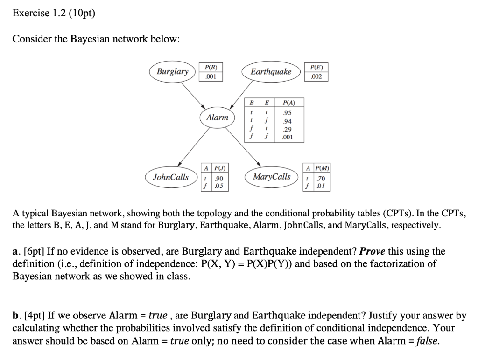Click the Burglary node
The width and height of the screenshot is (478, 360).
click(172, 72)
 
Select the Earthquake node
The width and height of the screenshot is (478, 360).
click(271, 72)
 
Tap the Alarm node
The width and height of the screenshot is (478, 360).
click(217, 118)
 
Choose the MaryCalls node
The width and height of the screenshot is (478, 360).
click(271, 177)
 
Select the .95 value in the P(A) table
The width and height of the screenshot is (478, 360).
click(281, 112)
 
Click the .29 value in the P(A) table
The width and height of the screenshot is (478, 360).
click(281, 129)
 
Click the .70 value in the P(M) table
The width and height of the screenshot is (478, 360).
click(320, 178)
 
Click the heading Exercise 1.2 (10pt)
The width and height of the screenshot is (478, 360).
click(53, 13)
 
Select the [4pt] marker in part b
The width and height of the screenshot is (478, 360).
click(33, 316)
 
